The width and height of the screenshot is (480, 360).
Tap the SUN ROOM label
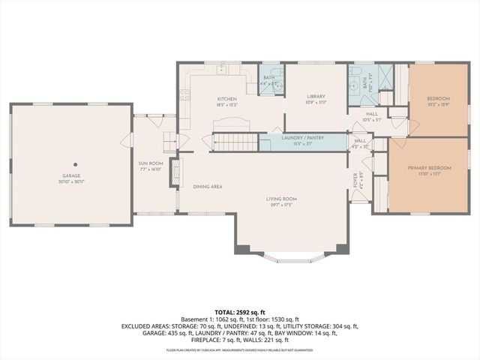point(150,163)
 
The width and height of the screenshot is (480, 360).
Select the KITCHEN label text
point(226,98)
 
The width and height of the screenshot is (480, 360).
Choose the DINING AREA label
point(208,186)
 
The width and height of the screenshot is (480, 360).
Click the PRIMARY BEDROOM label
point(429,168)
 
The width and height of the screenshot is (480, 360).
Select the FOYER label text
point(356,180)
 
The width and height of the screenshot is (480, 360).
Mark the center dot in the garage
point(74,163)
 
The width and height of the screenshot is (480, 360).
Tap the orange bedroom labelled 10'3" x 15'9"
point(438,101)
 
